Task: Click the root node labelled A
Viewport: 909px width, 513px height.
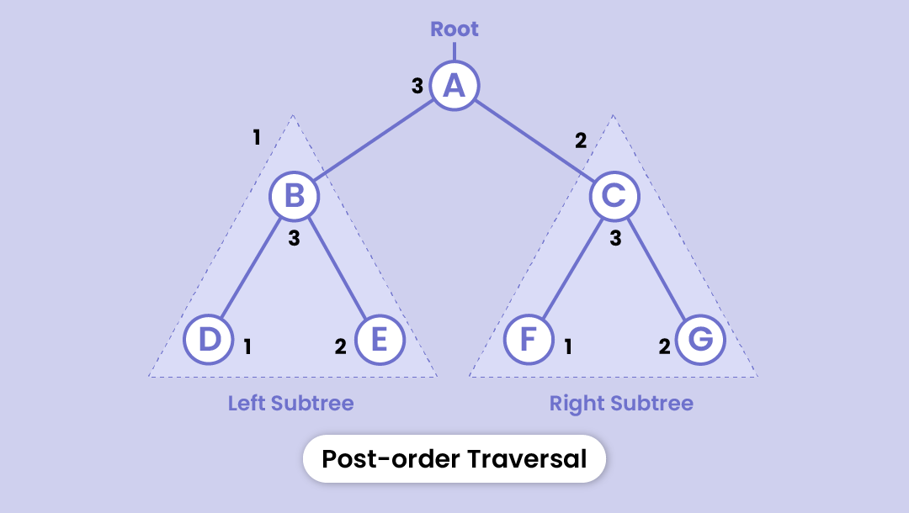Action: coord(454,85)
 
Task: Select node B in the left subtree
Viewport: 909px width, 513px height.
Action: coord(294,196)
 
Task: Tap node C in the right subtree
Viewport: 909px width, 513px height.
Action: coord(614,196)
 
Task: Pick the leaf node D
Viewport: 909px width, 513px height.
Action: coord(209,340)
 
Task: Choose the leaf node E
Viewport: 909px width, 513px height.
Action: coord(380,340)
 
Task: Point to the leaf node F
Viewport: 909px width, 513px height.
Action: coord(529,340)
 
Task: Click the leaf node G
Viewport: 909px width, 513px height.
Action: coord(700,340)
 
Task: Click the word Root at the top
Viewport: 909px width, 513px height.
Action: coord(454,29)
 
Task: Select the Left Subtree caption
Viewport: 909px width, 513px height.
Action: coord(290,403)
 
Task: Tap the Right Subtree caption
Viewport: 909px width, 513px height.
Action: coord(621,403)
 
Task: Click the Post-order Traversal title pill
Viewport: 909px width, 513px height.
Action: coord(454,458)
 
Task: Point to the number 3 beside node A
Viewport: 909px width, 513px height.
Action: coord(417,86)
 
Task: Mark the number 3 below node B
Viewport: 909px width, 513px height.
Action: coord(294,238)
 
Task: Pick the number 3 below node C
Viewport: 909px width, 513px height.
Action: coord(615,238)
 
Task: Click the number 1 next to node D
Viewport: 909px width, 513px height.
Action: coord(247,346)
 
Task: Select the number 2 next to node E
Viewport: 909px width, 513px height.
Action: coord(340,346)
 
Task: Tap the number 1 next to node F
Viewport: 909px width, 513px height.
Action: coord(568,346)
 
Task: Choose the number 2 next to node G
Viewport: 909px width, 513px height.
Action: coord(664,346)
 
